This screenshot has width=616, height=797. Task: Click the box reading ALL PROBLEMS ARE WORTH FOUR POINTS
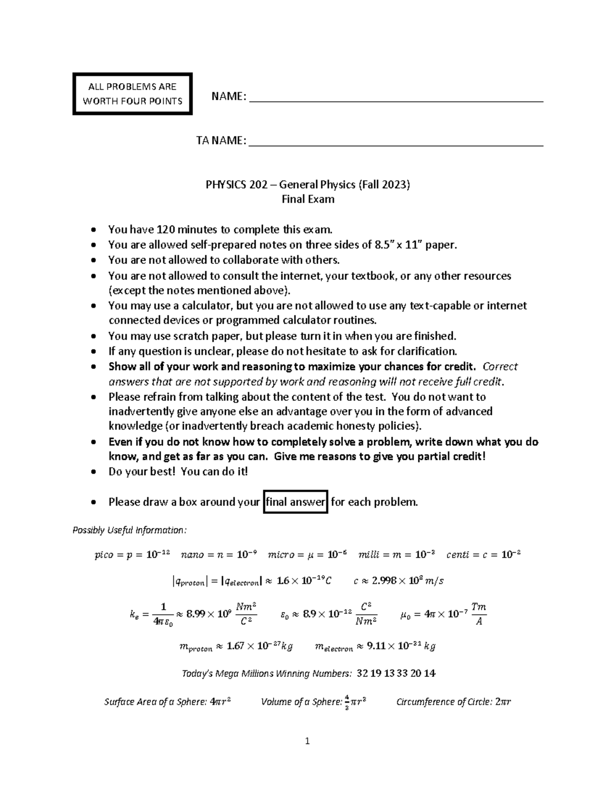[x=132, y=94]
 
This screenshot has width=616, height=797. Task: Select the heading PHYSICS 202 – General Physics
[x=307, y=185]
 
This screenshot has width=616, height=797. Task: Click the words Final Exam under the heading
[x=308, y=199]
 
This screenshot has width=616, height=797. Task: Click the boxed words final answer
[x=296, y=502]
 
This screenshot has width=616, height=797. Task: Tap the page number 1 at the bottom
[x=307, y=741]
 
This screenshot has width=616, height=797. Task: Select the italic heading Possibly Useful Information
[x=130, y=530]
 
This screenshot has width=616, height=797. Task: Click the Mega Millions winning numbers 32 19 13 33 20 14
[x=396, y=673]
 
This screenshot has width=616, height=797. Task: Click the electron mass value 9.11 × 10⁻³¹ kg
[x=400, y=646]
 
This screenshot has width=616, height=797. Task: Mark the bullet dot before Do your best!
[x=93, y=472]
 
